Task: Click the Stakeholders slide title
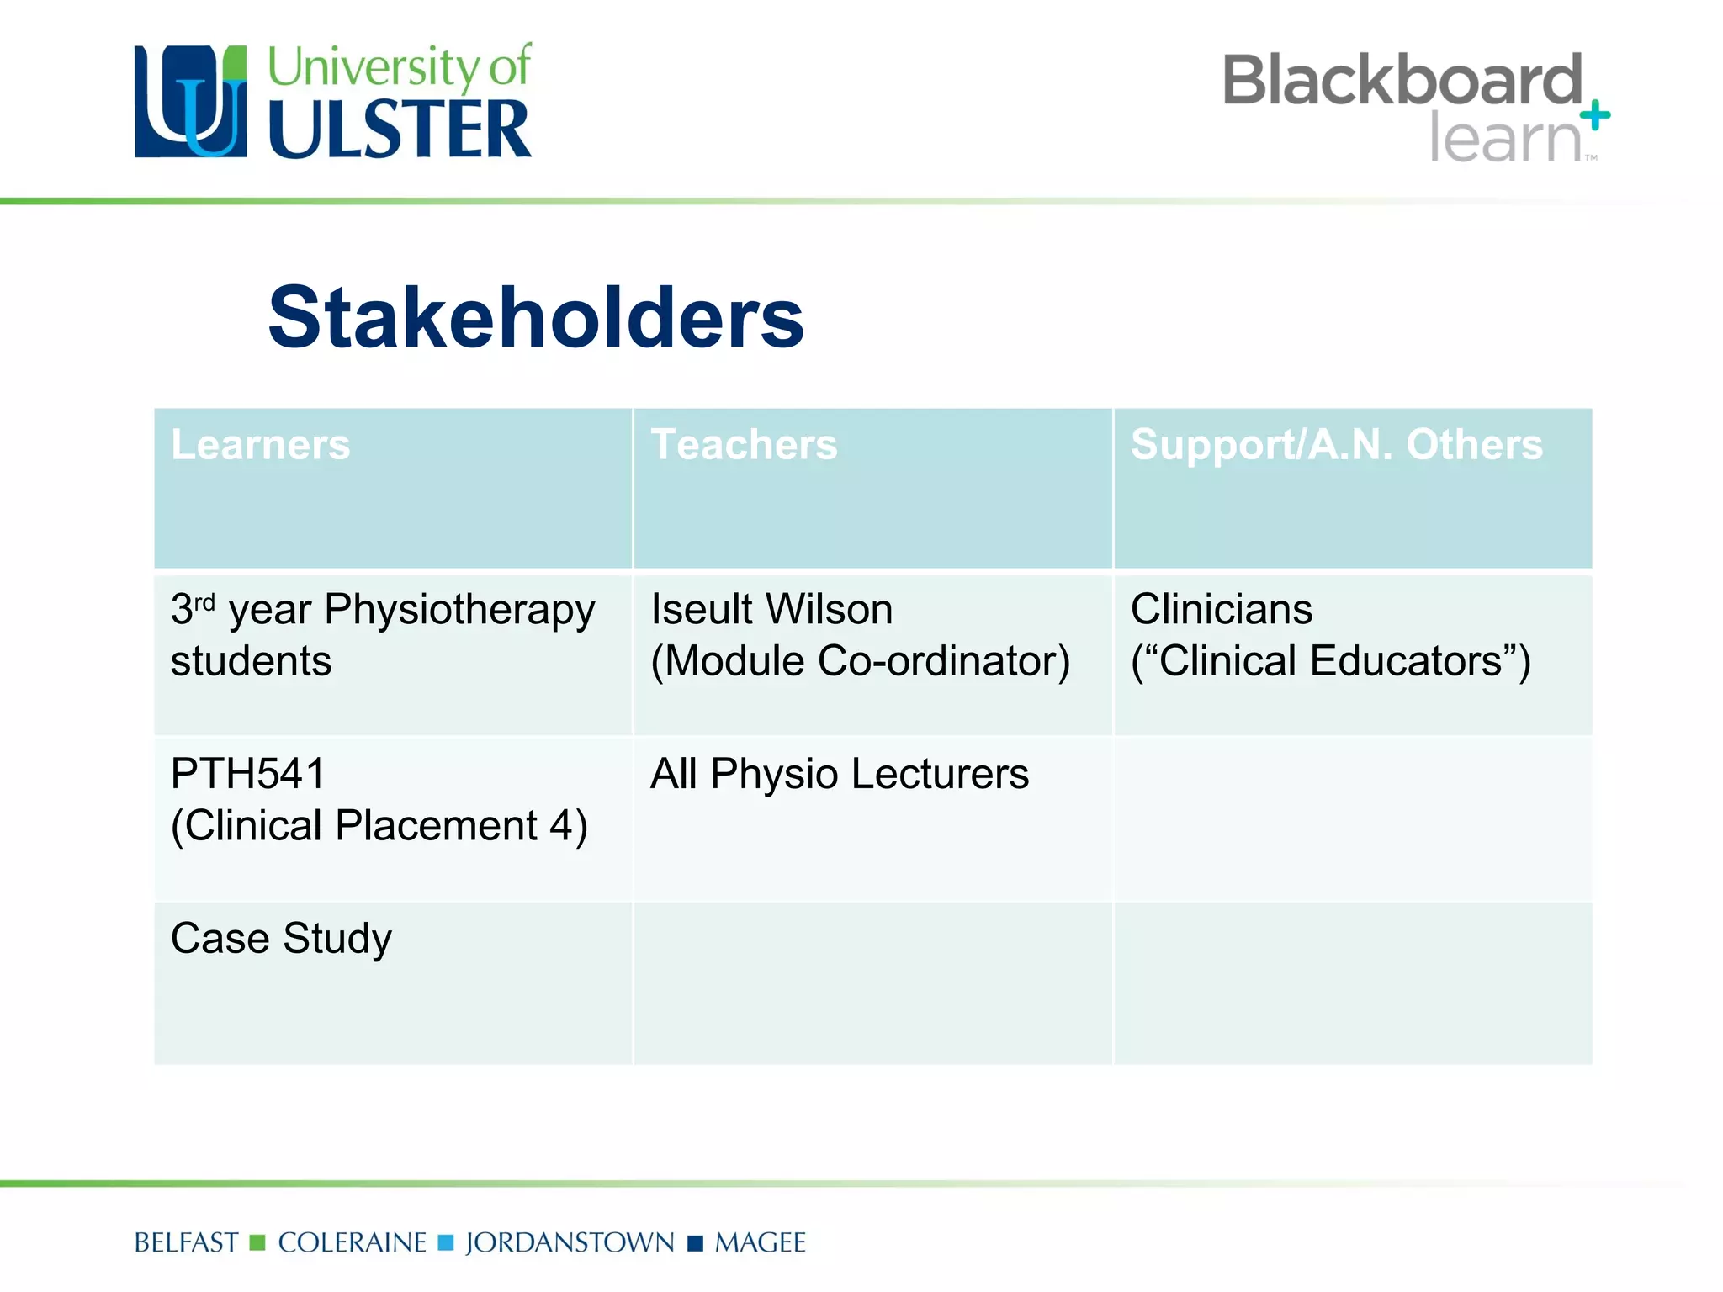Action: point(536,318)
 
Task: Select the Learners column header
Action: point(260,444)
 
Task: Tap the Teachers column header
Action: point(744,444)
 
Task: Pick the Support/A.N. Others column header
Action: point(1336,444)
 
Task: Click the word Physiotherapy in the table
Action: point(459,611)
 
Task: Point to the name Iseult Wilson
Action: point(771,609)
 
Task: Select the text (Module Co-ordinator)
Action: point(860,661)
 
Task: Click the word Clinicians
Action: point(1221,609)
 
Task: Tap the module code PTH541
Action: point(247,774)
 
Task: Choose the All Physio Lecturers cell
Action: point(839,774)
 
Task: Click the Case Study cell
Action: point(281,939)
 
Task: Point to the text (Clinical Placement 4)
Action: point(379,826)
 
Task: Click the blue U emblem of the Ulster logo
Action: point(191,102)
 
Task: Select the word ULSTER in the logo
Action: point(400,130)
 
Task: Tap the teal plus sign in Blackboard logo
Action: point(1594,115)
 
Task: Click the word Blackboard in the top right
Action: point(1402,80)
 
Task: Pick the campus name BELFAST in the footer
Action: point(186,1242)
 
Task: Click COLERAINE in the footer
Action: point(352,1242)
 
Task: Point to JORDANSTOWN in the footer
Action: point(570,1242)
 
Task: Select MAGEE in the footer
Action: point(760,1242)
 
